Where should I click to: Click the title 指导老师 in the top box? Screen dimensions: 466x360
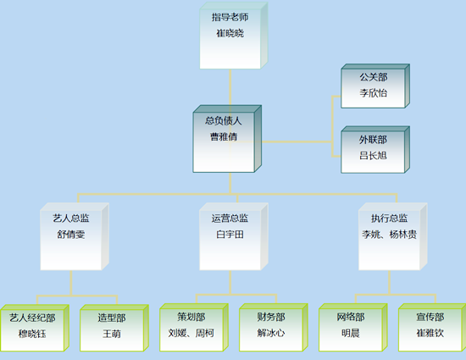pos(230,17)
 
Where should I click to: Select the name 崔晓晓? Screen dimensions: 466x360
pos(230,33)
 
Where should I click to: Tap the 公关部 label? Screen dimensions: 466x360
pos(374,77)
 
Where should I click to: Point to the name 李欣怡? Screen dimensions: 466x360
pos(374,93)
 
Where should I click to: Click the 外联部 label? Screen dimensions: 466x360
pos(374,140)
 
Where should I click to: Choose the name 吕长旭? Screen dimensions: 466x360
pos(374,155)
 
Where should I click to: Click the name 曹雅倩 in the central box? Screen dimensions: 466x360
pos(224,136)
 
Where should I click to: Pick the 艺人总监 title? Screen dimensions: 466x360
pos(71,219)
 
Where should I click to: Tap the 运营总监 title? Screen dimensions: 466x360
pos(230,219)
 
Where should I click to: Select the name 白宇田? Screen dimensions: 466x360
pos(230,235)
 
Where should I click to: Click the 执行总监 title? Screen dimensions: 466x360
pos(390,219)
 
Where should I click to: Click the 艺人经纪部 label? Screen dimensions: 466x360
pos(32,318)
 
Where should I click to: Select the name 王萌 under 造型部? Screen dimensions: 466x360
pos(112,334)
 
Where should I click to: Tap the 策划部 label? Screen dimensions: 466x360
pos(191,317)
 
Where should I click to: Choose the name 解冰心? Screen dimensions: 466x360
pos(271,333)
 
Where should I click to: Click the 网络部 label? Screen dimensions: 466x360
pos(351,317)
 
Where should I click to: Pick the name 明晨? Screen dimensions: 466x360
pos(351,333)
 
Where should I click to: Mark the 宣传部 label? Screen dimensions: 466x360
pos(430,317)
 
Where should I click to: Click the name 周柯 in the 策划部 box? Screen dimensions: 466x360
pos(205,333)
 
